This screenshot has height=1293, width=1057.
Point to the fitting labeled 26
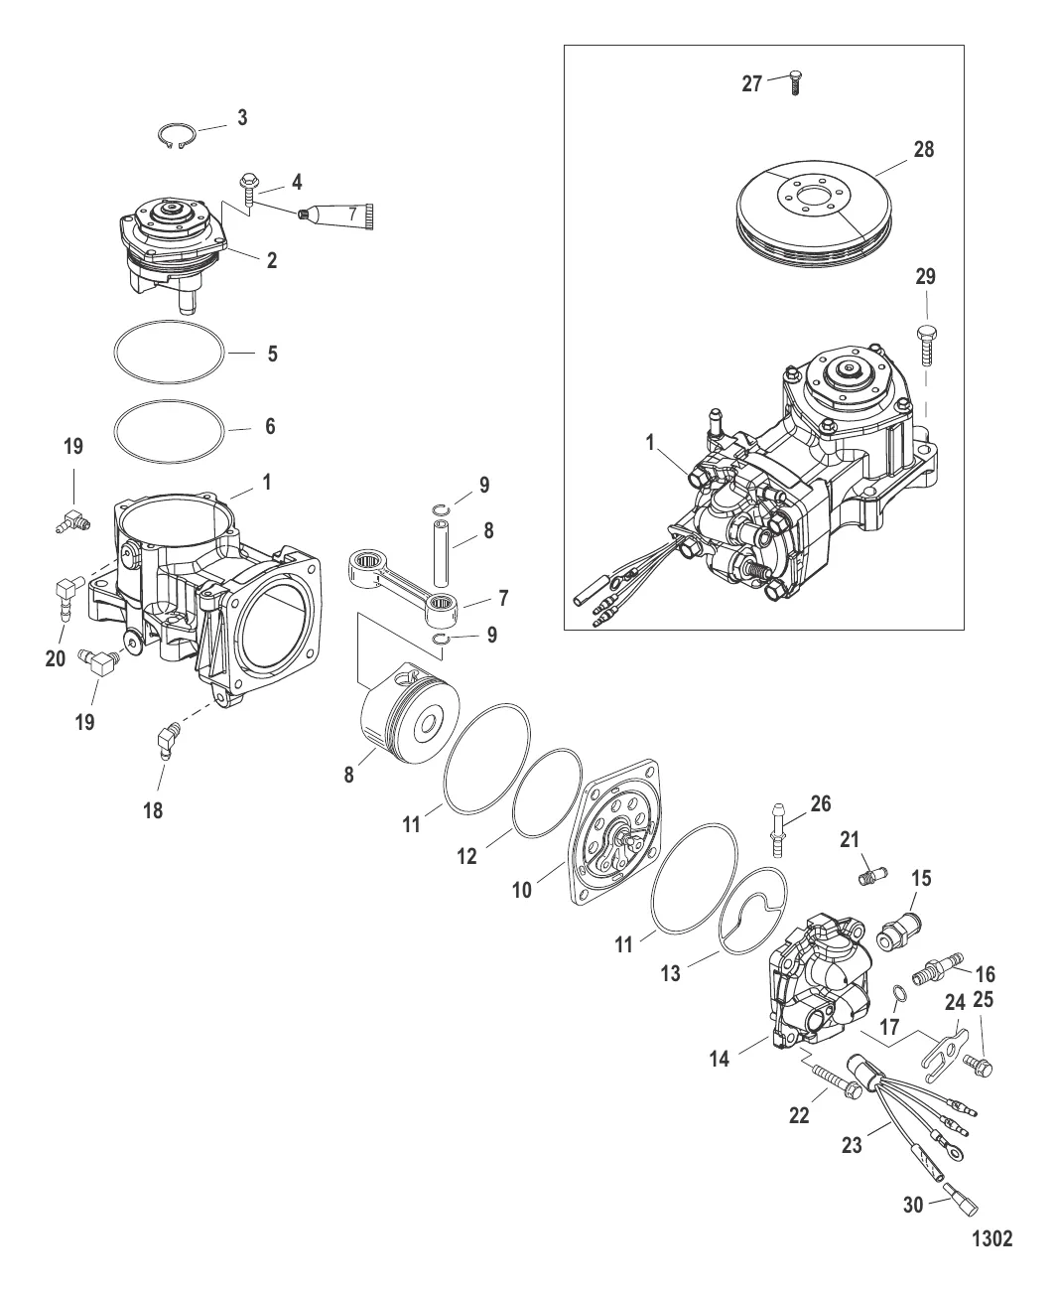point(776,832)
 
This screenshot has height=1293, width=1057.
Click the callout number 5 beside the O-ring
point(272,354)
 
